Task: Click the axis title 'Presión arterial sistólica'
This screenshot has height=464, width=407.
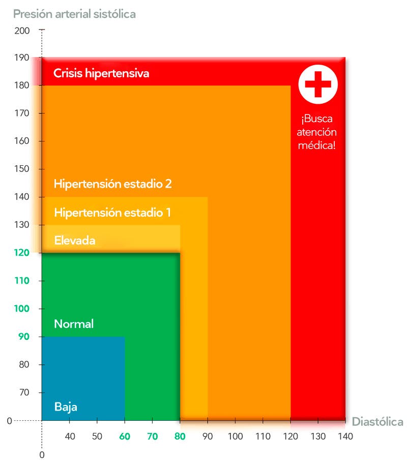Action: [x=74, y=14]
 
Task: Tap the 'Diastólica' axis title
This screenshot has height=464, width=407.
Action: [x=377, y=422]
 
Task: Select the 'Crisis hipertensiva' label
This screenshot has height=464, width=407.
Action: [x=101, y=73]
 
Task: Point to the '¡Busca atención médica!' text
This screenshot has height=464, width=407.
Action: [x=318, y=132]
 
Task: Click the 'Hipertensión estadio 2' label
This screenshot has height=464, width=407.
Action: [x=112, y=184]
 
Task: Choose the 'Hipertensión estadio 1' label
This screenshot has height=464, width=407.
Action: [x=112, y=213]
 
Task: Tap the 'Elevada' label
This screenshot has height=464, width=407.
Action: [x=75, y=240]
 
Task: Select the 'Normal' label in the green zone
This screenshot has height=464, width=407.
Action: [x=74, y=324]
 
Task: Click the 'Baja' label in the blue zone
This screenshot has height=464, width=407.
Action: [x=66, y=407]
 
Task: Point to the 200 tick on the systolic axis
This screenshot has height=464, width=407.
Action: [x=22, y=31]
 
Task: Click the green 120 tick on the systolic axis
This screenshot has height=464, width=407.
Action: [x=22, y=253]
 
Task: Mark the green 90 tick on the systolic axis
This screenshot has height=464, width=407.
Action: [x=24, y=337]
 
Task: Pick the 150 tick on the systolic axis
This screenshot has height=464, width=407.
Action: [x=22, y=169]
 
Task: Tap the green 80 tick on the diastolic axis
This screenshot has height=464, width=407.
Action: [x=180, y=436]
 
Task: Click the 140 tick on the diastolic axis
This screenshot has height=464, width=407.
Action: [x=345, y=436]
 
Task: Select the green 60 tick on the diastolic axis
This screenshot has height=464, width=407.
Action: [x=125, y=436]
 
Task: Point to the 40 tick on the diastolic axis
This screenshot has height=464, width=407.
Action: [x=70, y=436]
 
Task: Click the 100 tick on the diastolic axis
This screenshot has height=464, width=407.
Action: [x=235, y=436]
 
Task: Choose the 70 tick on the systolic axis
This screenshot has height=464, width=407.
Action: [x=24, y=392]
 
